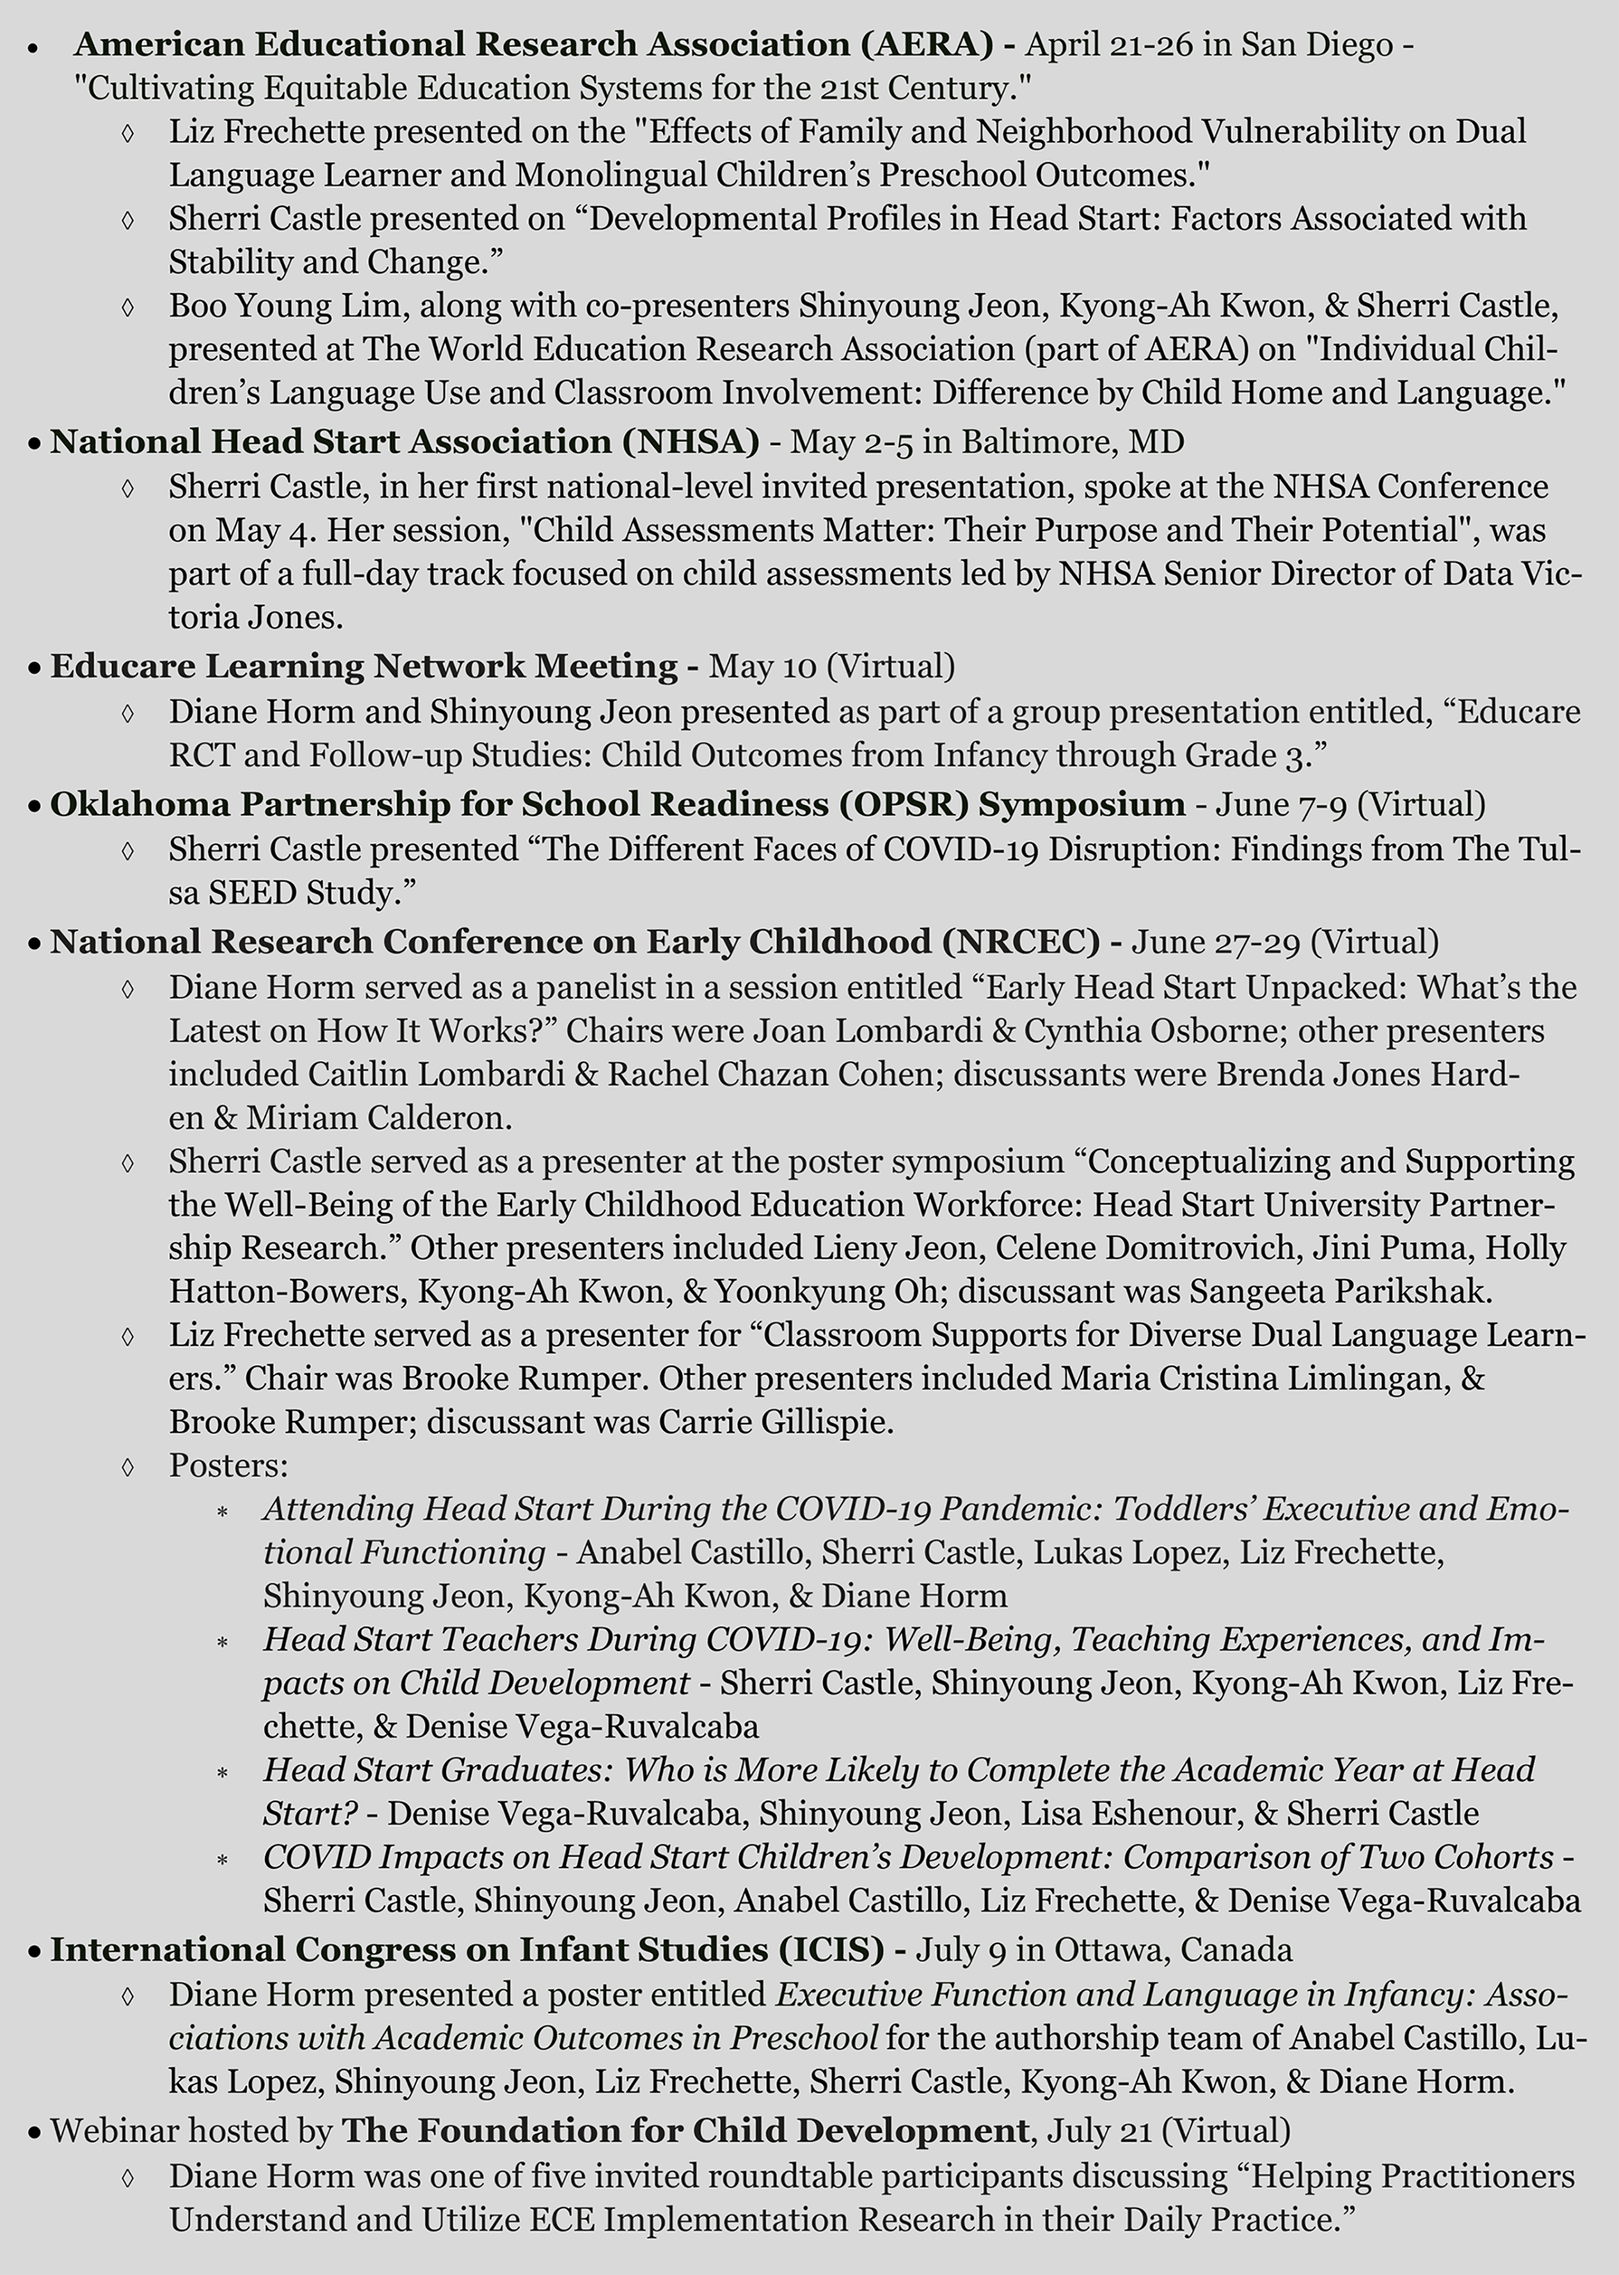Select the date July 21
coord(1097,2130)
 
